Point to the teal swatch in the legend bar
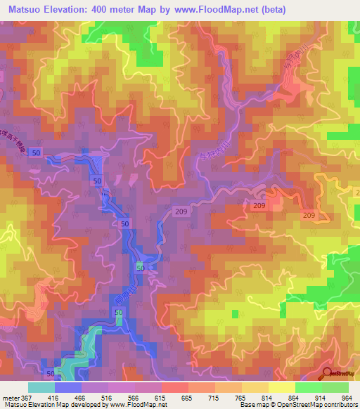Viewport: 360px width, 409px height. click(41, 387)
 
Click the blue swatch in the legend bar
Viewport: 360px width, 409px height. click(68, 387)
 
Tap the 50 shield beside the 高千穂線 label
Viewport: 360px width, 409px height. click(36, 152)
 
